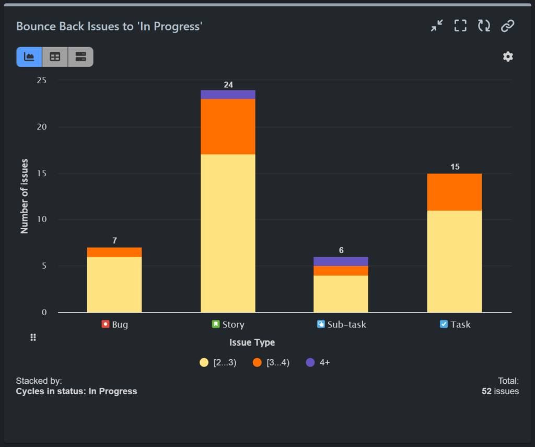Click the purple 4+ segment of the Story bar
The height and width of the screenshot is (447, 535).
[x=228, y=95]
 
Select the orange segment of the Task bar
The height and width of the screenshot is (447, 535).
[x=454, y=192]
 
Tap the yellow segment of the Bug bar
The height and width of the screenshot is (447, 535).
[x=114, y=284]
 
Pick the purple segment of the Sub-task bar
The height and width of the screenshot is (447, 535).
[x=341, y=261]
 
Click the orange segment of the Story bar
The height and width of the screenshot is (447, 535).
[x=228, y=127]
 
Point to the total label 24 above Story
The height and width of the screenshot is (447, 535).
[x=228, y=85]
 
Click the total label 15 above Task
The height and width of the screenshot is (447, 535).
[x=455, y=167]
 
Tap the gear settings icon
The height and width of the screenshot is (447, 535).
[x=508, y=57]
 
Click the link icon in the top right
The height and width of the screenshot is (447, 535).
[x=508, y=26]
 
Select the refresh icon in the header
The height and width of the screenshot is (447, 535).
[x=484, y=26]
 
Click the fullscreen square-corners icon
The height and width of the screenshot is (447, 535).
[x=460, y=26]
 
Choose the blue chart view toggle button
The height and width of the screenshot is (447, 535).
[x=29, y=57]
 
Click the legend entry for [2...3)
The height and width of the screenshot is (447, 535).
[x=218, y=362]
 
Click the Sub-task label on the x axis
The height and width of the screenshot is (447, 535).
[x=346, y=324]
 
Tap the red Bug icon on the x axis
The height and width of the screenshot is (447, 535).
[x=106, y=324]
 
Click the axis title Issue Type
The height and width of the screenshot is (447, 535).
[x=252, y=342]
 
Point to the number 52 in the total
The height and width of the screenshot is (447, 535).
[x=486, y=391]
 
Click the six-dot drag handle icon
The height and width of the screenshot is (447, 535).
[x=33, y=338]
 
